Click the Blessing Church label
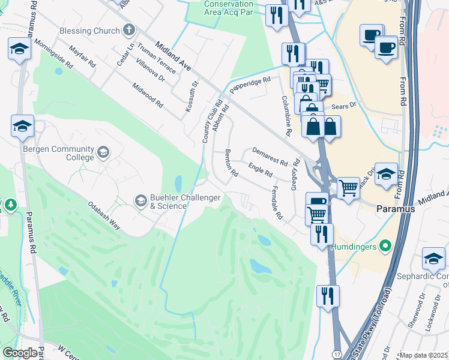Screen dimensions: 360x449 [x=89, y=31]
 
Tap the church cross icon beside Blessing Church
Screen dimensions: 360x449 [x=129, y=31]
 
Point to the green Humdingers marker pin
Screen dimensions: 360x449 [x=387, y=247]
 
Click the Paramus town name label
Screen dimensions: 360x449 [x=396, y=209]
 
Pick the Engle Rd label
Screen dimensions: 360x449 [x=261, y=169]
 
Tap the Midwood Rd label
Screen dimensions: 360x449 [x=148, y=95]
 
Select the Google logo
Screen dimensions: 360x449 [x=20, y=353]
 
